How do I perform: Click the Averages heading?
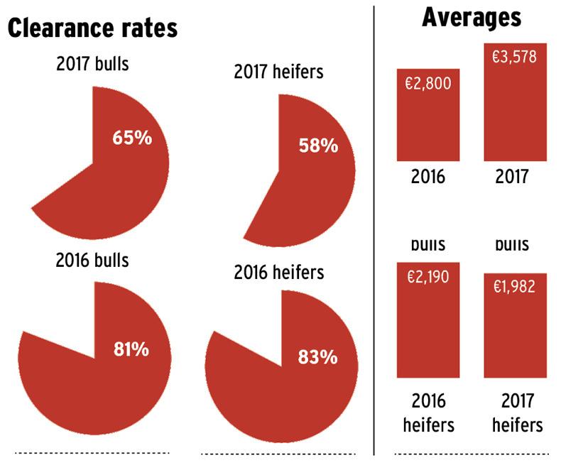(471, 18)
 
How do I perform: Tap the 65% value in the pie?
(132, 137)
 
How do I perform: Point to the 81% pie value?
(131, 349)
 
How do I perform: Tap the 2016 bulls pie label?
(92, 260)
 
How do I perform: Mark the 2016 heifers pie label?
(278, 272)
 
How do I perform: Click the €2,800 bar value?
(428, 84)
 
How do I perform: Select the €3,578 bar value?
(515, 57)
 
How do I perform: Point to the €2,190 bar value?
(428, 278)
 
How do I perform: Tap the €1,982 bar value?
(515, 287)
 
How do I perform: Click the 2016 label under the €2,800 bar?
(428, 176)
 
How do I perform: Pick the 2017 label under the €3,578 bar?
(514, 176)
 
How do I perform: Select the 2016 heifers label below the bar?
(428, 413)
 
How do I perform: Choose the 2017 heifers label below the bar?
(514, 413)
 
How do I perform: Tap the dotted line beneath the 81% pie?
(92, 452)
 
